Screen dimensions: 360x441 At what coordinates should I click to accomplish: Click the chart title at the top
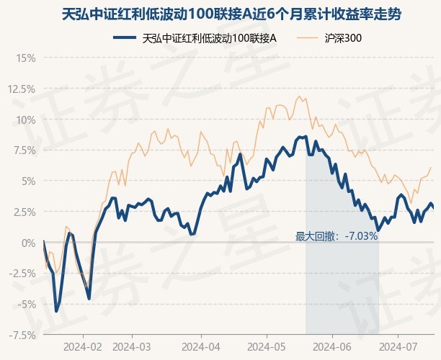[x=220, y=14]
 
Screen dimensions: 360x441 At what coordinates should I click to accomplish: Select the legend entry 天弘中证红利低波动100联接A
[x=210, y=37]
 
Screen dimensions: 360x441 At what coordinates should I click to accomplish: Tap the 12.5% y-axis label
[x=21, y=89]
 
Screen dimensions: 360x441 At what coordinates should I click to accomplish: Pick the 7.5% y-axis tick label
[x=24, y=150]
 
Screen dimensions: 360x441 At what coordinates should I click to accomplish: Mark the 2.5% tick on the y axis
[x=24, y=212]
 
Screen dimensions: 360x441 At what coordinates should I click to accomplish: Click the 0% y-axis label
[x=28, y=243]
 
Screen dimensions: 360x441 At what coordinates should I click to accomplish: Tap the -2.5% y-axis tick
[x=22, y=274]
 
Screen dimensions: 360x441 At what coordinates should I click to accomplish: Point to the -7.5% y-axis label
[x=22, y=335]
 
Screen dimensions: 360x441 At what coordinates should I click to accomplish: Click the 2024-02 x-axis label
[x=83, y=346]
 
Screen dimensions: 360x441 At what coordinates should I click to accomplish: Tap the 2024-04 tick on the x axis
[x=200, y=346]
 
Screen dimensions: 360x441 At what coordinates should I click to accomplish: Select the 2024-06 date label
[x=331, y=346]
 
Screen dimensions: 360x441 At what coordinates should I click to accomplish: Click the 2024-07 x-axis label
[x=398, y=346]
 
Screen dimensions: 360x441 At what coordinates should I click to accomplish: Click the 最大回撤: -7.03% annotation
[x=337, y=235]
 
